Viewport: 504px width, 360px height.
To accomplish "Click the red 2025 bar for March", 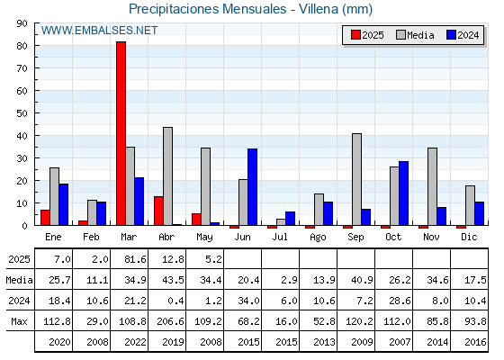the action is coord(121,133).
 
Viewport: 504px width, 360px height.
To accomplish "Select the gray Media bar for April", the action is coord(167,176).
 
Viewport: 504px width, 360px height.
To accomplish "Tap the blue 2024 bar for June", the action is coord(252,187).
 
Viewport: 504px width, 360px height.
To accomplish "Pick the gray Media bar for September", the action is coord(356,179).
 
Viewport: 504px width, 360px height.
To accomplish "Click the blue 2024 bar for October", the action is coord(404,193).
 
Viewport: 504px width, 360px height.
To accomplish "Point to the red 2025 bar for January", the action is coord(45,218).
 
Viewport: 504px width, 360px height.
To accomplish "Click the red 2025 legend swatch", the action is coord(355,35).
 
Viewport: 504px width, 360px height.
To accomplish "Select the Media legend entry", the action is coord(415,35).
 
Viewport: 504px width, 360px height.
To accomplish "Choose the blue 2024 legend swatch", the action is coord(451,35).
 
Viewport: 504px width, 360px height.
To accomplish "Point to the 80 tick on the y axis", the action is coord(22,46).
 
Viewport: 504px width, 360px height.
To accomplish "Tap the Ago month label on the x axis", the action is coord(318,238).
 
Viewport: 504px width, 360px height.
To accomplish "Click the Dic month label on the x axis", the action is coord(469,237).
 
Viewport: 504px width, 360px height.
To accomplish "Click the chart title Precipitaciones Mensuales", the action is coord(207,9).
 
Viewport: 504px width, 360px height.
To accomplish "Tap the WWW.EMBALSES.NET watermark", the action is coord(99,31).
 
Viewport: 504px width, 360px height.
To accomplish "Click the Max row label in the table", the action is coord(19,321).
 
